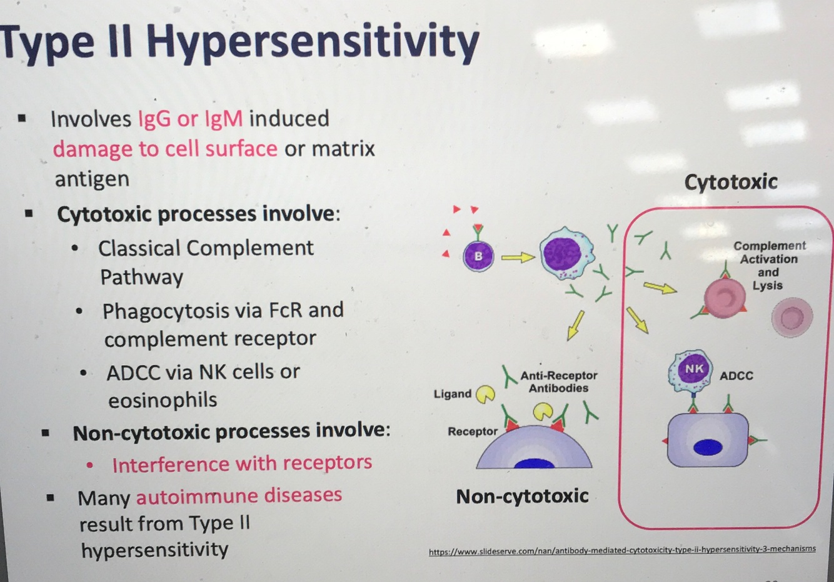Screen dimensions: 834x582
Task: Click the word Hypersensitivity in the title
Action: [x=313, y=43]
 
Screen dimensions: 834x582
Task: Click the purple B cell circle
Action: [x=478, y=256]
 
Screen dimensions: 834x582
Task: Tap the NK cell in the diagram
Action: [x=693, y=369]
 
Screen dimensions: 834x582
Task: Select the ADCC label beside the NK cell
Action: [x=736, y=376]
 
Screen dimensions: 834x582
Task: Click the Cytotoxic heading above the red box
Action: [x=731, y=182]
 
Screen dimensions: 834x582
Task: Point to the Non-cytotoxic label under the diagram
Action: [x=522, y=496]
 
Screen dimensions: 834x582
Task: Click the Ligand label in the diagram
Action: [x=452, y=394]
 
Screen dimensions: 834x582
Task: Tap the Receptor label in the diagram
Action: [x=473, y=431]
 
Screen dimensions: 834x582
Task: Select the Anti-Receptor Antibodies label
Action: [x=559, y=381]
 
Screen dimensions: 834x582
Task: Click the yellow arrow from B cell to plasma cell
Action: [x=518, y=257]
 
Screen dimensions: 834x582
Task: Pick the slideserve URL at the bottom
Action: [x=622, y=550]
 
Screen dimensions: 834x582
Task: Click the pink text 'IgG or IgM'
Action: [x=190, y=119]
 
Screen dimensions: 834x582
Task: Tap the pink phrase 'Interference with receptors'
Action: [x=242, y=463]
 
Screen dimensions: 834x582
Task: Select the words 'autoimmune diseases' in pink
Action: [x=239, y=496]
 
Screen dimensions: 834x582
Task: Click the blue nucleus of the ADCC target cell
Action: [x=708, y=447]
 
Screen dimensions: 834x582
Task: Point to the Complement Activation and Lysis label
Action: [x=769, y=266]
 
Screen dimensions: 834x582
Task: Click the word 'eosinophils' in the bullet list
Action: [x=163, y=400]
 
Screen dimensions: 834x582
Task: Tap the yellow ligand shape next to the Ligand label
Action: [x=486, y=394]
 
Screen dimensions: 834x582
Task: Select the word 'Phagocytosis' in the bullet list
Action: [x=157, y=311]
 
